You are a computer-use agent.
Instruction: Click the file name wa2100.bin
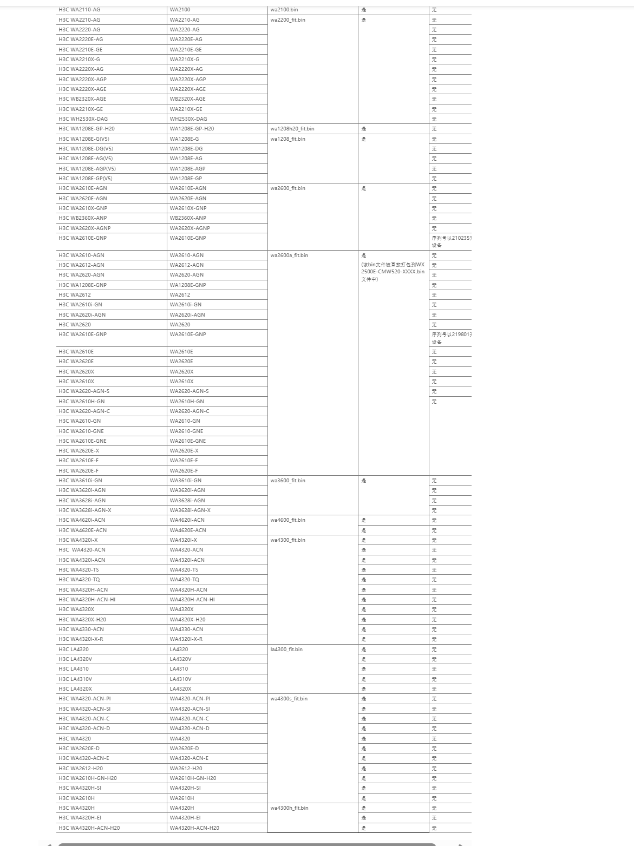[284, 10]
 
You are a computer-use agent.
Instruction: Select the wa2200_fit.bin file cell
[287, 20]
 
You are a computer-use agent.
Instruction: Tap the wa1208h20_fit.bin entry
[292, 129]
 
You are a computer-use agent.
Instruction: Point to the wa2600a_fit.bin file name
[289, 255]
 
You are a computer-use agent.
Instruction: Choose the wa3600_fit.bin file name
[287, 481]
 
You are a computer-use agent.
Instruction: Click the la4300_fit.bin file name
[286, 650]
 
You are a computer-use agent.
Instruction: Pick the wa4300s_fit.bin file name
[289, 699]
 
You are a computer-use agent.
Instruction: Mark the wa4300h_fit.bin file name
[289, 808]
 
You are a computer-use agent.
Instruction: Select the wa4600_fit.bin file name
[287, 520]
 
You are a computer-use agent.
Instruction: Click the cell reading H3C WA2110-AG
[80, 10]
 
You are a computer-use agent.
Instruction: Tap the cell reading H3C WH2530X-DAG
[83, 119]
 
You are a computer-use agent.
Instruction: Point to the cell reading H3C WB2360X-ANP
[83, 218]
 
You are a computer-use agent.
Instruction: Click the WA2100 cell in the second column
[180, 10]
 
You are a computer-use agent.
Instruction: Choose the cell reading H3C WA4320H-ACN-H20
[89, 828]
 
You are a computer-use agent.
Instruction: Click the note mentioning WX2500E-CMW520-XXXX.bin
[393, 272]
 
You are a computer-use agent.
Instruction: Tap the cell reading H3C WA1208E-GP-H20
[87, 129]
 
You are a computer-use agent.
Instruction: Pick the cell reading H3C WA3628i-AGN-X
[85, 510]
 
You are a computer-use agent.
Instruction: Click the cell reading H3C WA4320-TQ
[79, 580]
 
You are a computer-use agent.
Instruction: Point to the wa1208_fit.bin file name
[287, 139]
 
